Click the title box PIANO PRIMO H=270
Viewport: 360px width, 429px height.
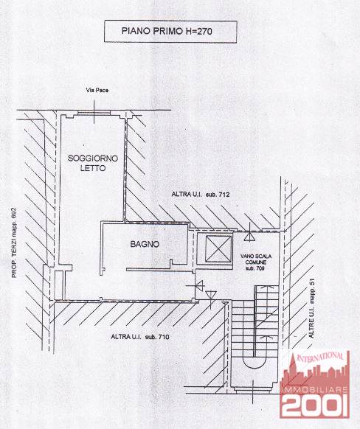tap(170, 32)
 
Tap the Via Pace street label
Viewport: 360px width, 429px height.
tap(97, 90)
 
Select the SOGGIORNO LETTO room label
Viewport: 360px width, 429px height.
tap(93, 163)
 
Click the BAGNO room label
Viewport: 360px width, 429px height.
tap(145, 244)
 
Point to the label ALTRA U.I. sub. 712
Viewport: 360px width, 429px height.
tap(201, 195)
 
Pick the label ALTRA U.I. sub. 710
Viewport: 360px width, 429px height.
tap(140, 337)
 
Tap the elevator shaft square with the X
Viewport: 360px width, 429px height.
tap(218, 248)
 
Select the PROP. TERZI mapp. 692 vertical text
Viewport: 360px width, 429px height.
tap(14, 243)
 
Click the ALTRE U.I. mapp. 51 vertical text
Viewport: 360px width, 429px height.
tap(312, 308)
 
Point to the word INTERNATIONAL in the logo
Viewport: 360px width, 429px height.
tap(320, 357)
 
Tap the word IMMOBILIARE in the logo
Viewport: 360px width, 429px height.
tap(315, 389)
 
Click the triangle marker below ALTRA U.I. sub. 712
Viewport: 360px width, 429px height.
tap(249, 236)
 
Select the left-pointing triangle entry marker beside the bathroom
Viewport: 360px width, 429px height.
tap(201, 286)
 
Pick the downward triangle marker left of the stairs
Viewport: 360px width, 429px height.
tap(211, 296)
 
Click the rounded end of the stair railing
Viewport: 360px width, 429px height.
tap(255, 363)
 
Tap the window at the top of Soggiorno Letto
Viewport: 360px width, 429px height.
tap(94, 113)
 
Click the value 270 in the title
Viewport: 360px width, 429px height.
tap(204, 31)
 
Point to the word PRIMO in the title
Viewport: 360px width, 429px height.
tap(167, 31)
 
